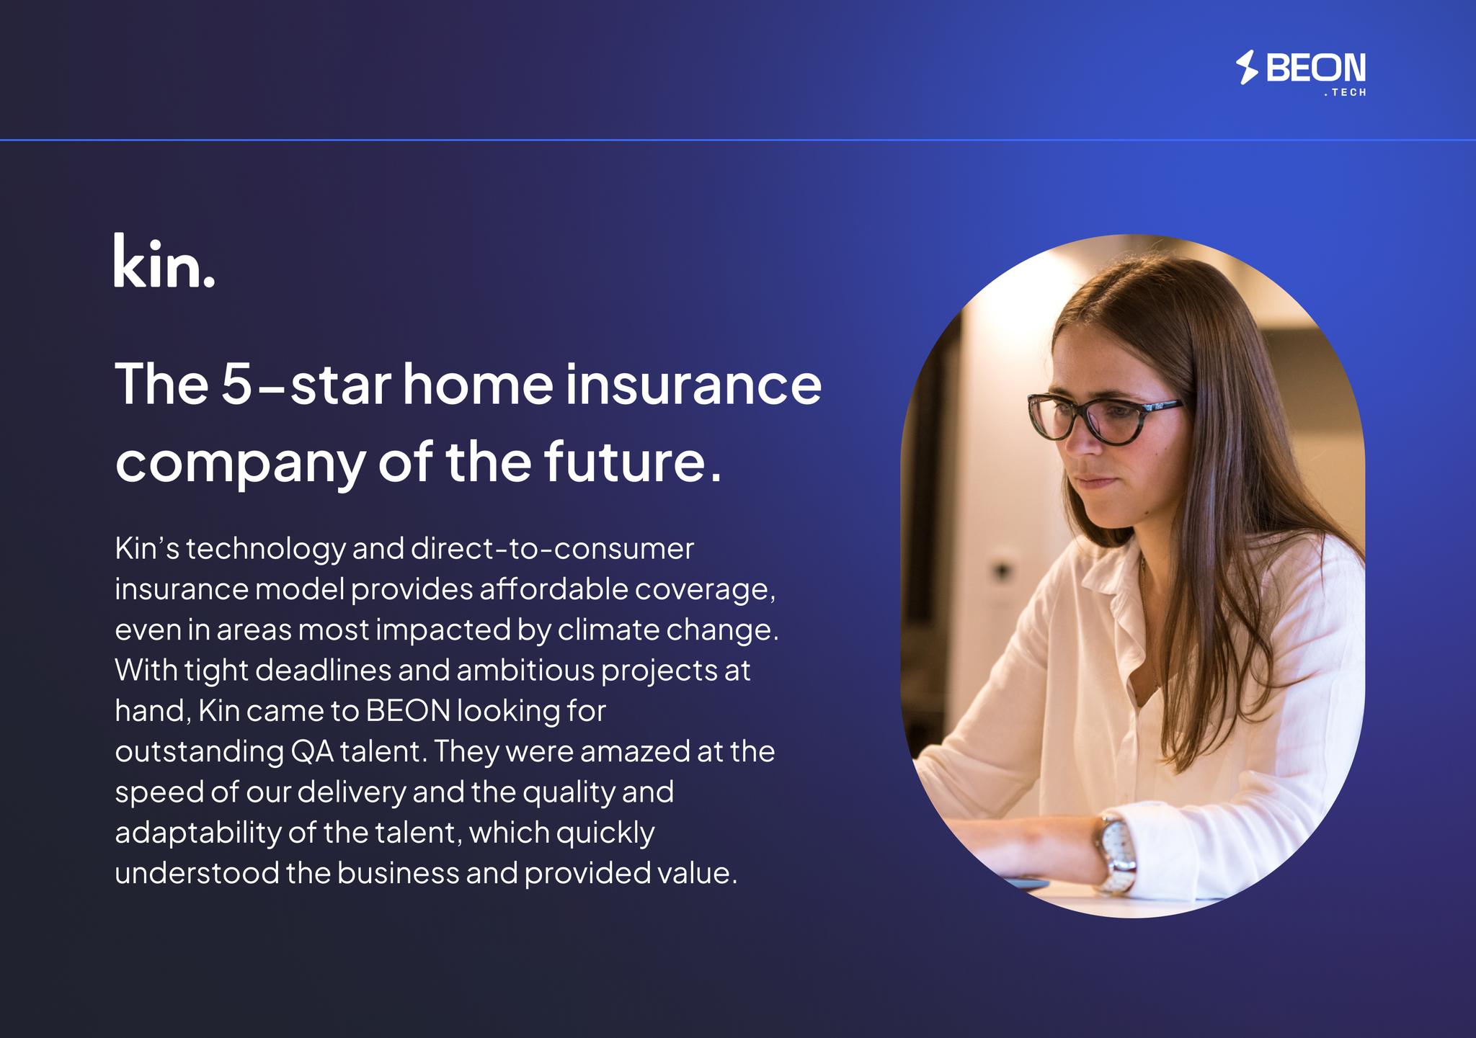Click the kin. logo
pyautogui.click(x=164, y=260)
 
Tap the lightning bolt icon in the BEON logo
pyautogui.click(x=1247, y=68)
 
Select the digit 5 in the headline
pyautogui.click(x=236, y=384)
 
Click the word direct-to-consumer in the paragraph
pyautogui.click(x=553, y=549)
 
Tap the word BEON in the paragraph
pyautogui.click(x=408, y=711)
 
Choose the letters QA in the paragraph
pyautogui.click(x=311, y=752)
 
